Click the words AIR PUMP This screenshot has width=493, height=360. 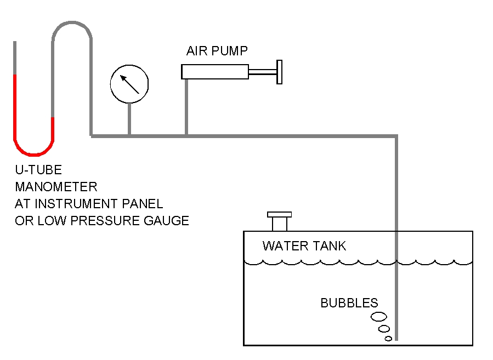point(217,51)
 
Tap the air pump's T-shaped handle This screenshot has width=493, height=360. point(279,71)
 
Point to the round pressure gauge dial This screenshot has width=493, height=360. point(129,83)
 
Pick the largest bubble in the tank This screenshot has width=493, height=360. point(378,316)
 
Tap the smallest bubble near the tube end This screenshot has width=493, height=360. point(388,339)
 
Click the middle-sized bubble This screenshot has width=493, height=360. point(384,329)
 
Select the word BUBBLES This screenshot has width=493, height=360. point(349,302)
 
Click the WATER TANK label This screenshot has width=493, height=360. point(304,245)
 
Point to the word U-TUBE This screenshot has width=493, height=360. point(38,170)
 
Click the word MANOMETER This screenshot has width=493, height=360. point(56,187)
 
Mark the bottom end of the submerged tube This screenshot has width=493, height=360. point(396,338)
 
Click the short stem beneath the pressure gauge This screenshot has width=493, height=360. point(129,118)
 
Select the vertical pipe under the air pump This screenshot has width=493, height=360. point(186,107)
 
